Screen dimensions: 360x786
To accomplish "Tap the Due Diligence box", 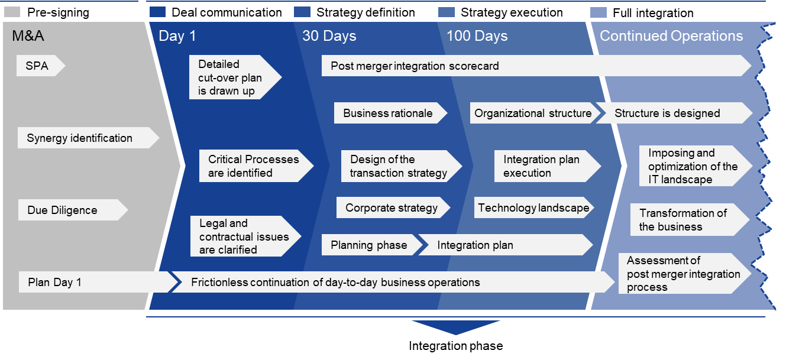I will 65,210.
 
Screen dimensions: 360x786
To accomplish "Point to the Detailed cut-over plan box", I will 231,77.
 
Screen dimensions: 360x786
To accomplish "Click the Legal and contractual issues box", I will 242,236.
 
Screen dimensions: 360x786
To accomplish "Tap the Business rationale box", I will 388,113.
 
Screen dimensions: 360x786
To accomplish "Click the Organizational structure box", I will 532,113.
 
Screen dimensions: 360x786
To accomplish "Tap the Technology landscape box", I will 533,207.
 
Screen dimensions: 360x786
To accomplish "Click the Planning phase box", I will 369,245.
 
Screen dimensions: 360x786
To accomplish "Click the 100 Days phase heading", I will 477,36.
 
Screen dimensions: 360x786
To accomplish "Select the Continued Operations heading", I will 671,36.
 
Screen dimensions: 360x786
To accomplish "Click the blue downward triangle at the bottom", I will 455,327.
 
